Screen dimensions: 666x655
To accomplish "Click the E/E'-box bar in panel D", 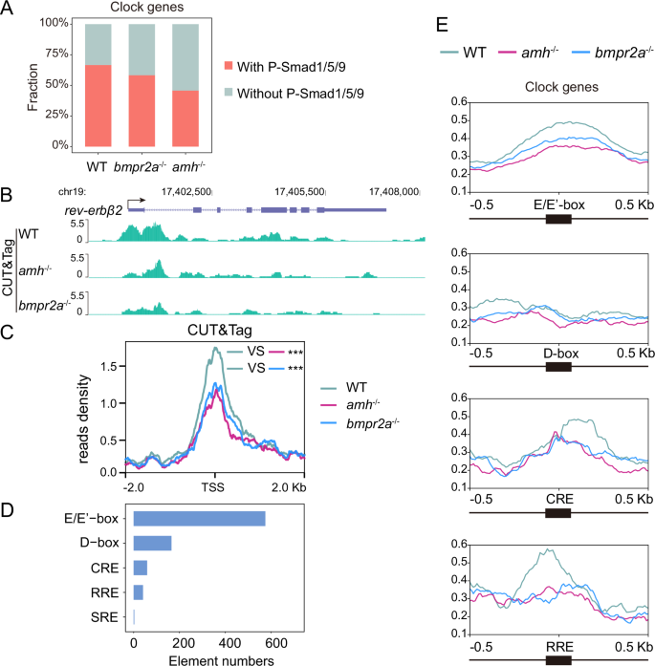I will [x=199, y=518].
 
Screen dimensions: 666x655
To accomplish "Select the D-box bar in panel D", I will [x=152, y=543].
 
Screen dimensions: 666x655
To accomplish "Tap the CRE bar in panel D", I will [x=140, y=568].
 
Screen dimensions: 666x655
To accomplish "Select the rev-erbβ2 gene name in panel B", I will [x=89, y=209].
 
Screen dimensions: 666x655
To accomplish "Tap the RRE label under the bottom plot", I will [x=557, y=644].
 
